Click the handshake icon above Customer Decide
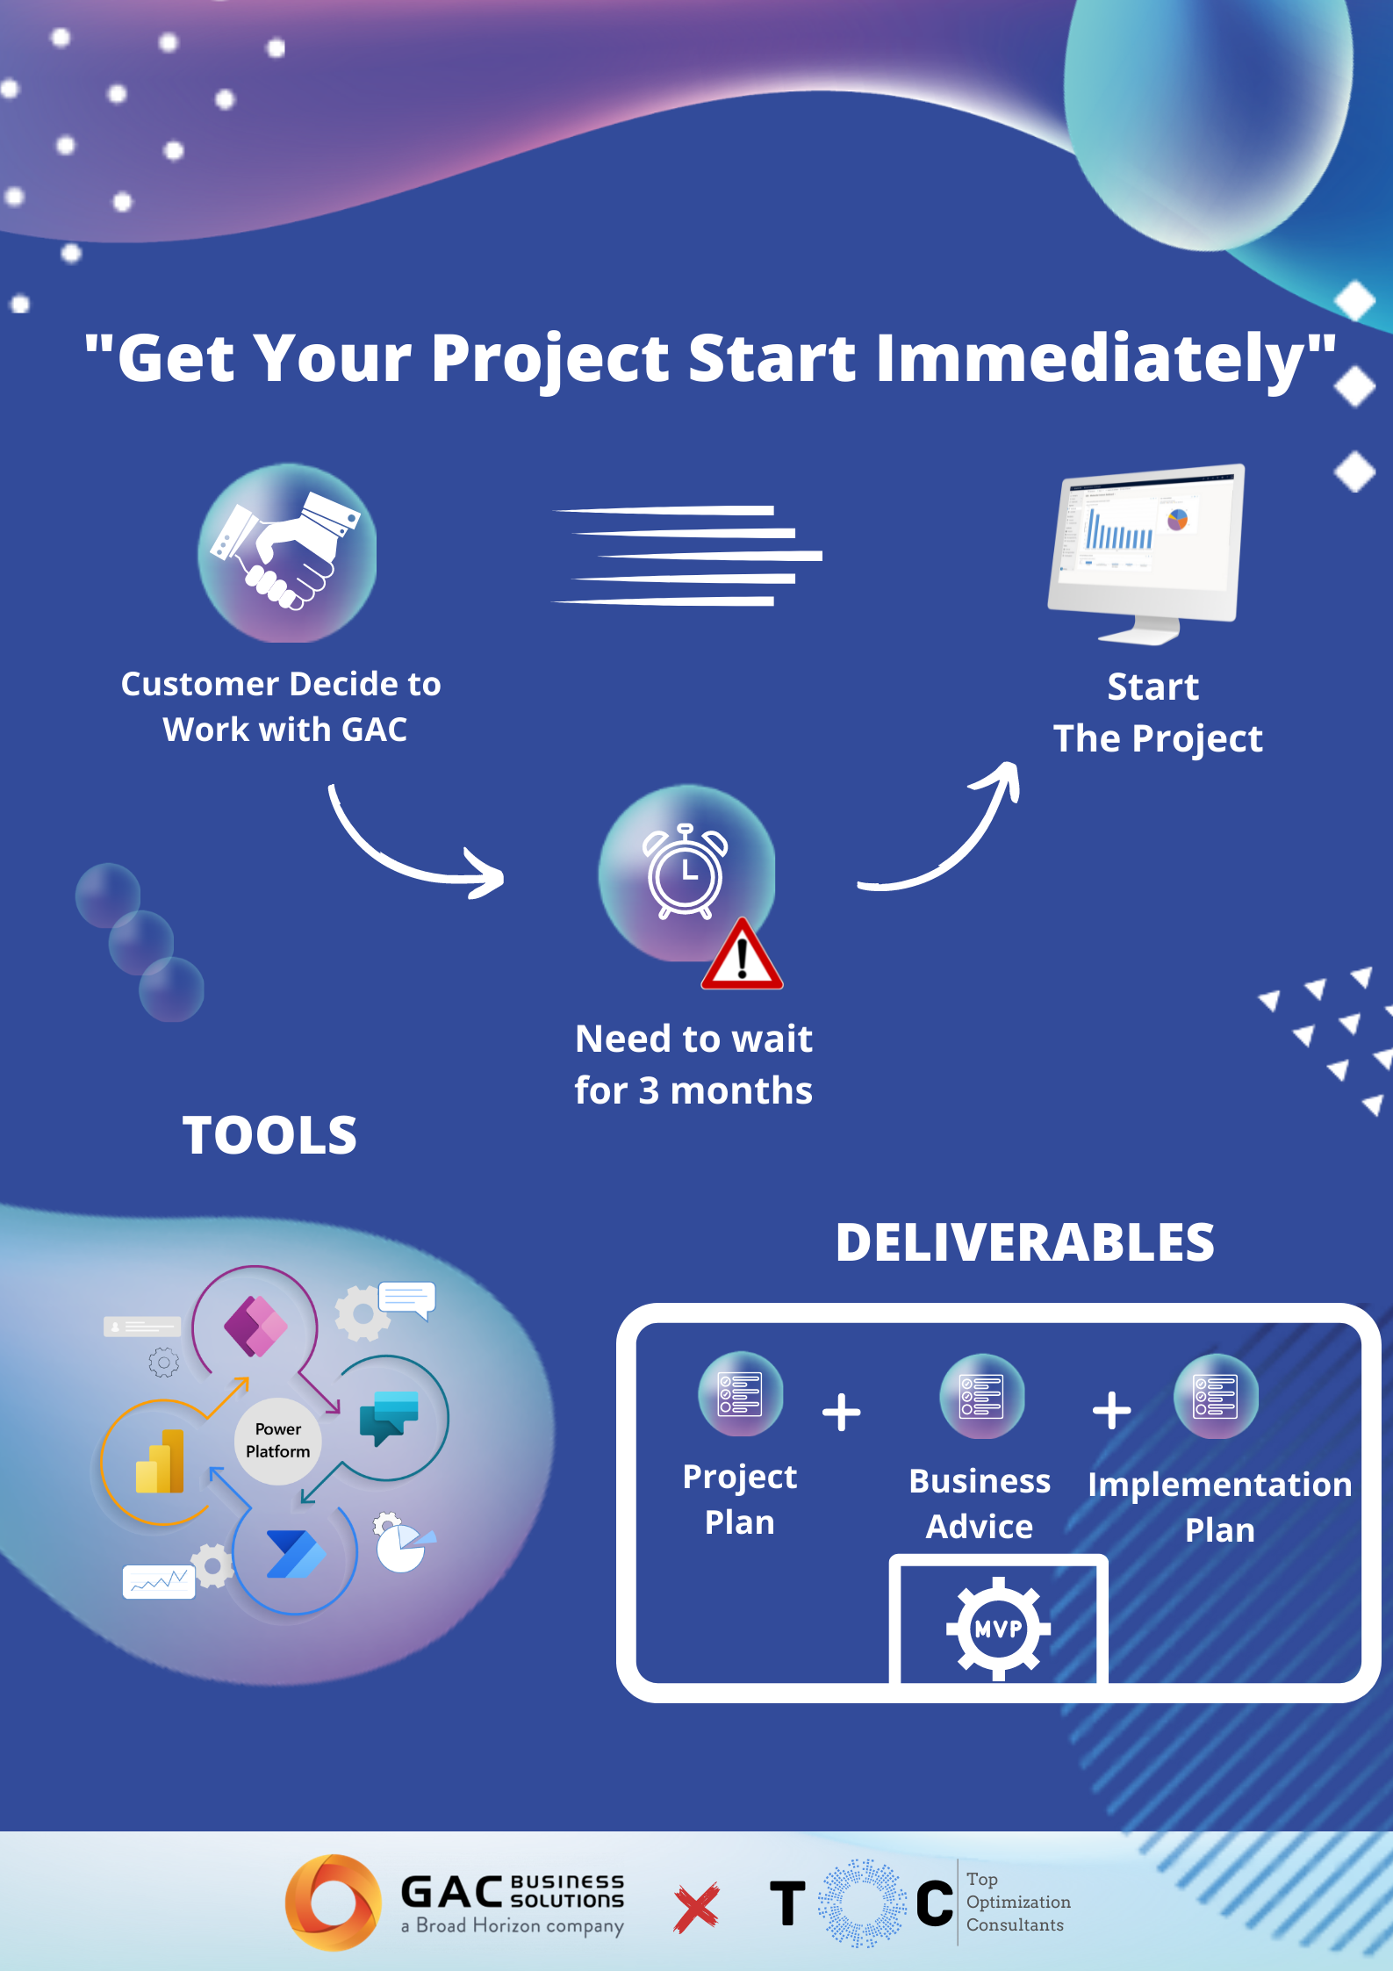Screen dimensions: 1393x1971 (x=285, y=550)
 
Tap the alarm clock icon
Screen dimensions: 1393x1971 (x=686, y=872)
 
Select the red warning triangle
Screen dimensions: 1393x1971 (x=742, y=954)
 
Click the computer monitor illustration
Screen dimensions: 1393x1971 (x=1146, y=553)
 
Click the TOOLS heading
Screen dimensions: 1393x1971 (x=269, y=1135)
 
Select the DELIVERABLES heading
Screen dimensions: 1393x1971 (x=1025, y=1242)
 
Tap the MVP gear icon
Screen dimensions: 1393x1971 (x=999, y=1629)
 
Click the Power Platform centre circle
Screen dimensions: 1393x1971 (x=278, y=1441)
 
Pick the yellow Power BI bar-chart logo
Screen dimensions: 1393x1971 (x=160, y=1462)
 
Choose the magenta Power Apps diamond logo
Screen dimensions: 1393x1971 (x=255, y=1326)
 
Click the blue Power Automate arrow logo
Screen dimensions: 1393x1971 (x=296, y=1555)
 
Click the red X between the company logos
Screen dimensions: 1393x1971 (x=697, y=1908)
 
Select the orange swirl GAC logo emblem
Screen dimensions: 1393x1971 (x=334, y=1903)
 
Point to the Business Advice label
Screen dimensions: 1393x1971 (x=980, y=1504)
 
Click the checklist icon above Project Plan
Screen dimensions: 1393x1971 (x=740, y=1394)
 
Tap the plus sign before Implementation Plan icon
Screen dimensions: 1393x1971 (x=1111, y=1411)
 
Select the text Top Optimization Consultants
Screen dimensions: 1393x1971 (x=1018, y=1902)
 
